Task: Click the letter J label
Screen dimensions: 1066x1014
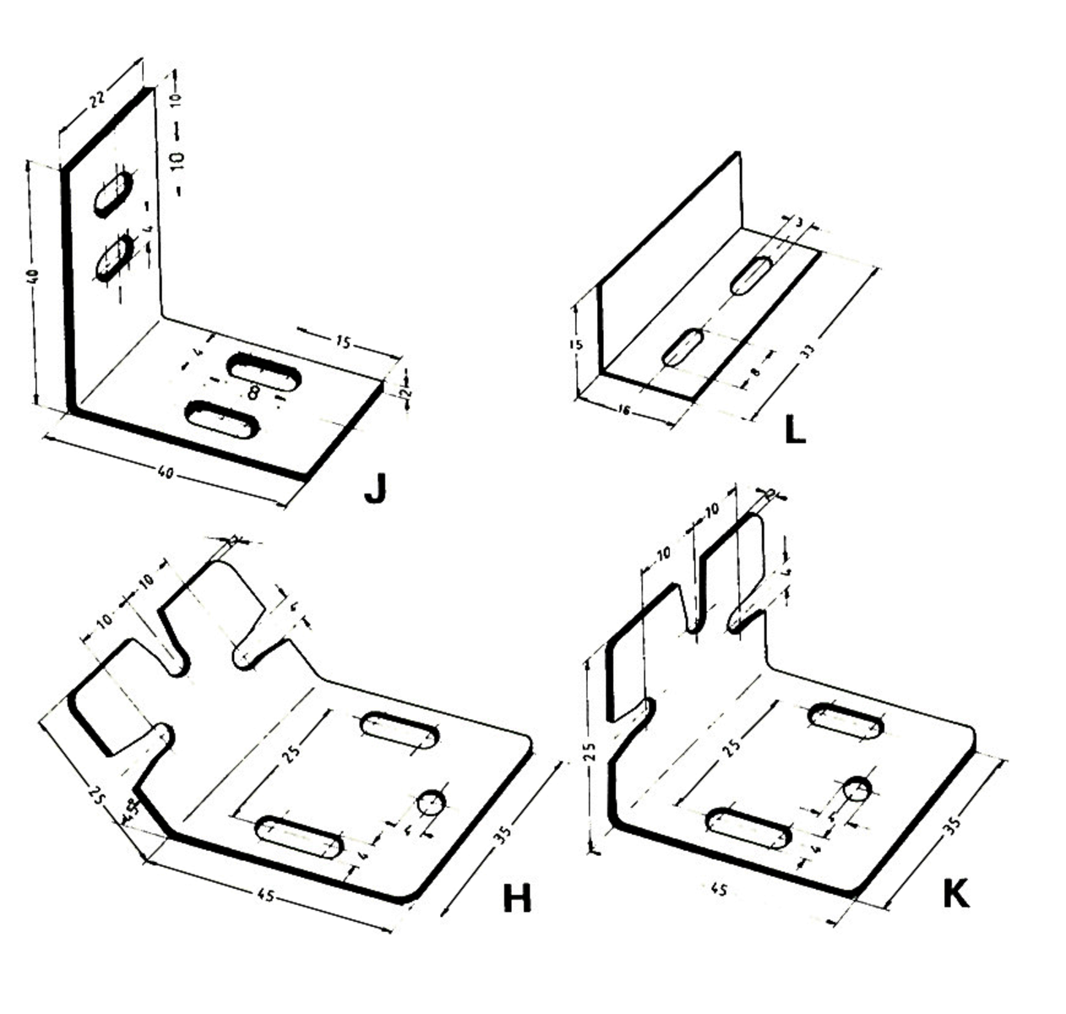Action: coord(375,488)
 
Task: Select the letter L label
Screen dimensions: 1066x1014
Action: coord(795,431)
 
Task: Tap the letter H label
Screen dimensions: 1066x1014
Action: coord(517,899)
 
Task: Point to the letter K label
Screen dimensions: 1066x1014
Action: coord(955,894)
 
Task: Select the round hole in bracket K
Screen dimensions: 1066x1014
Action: coord(857,789)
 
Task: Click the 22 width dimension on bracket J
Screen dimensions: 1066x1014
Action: coord(96,99)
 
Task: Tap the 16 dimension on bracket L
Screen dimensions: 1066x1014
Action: coord(624,410)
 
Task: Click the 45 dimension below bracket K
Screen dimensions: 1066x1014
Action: coord(720,890)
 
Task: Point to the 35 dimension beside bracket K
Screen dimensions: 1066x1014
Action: coord(952,822)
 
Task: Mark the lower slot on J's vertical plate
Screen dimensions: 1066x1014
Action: coord(114,257)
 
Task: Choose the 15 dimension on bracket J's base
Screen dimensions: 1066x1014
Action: coord(342,342)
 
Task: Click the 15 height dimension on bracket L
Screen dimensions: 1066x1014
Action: coord(575,345)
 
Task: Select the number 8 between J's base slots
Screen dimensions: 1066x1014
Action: coord(253,392)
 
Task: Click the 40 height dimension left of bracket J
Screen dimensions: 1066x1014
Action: coord(33,276)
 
